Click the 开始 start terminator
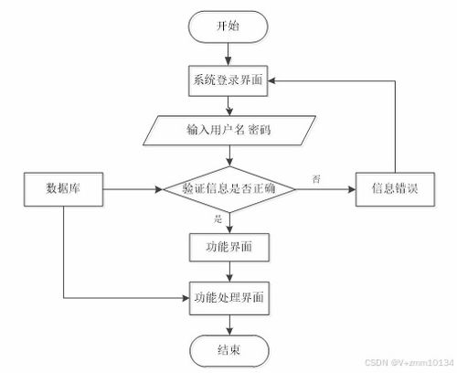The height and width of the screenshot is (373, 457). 228,27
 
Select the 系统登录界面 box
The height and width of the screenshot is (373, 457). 228,80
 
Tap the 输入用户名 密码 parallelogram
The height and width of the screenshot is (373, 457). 229,130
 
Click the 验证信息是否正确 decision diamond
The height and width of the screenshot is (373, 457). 229,189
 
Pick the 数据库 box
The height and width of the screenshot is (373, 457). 63,189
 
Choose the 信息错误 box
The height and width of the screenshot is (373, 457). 395,189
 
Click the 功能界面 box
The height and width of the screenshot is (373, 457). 229,247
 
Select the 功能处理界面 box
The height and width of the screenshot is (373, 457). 229,298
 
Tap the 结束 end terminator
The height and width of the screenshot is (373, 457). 229,351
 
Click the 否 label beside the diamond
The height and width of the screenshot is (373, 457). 316,179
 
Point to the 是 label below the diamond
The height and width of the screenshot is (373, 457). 218,218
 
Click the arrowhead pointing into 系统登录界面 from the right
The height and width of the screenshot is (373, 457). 271,80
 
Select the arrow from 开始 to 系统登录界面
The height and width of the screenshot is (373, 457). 228,54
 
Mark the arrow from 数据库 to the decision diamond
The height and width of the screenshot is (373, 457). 133,189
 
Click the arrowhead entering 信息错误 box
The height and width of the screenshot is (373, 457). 352,189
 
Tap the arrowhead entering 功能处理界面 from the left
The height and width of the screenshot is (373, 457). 186,298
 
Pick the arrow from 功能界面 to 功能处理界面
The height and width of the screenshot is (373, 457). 229,272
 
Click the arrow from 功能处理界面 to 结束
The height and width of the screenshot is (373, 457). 229,325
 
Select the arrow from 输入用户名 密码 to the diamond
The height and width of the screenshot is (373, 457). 229,155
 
